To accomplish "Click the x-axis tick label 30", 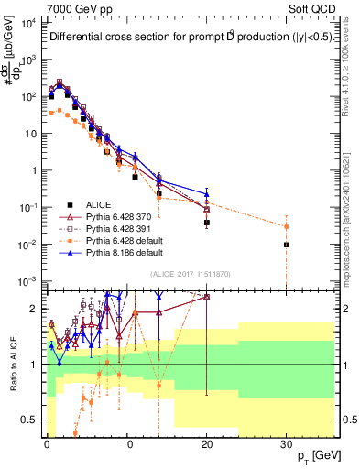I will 286,442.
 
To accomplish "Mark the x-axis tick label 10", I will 125,442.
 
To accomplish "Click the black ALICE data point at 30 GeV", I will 287,245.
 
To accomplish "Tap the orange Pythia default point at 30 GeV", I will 287,226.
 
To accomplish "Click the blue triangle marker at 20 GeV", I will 207,194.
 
